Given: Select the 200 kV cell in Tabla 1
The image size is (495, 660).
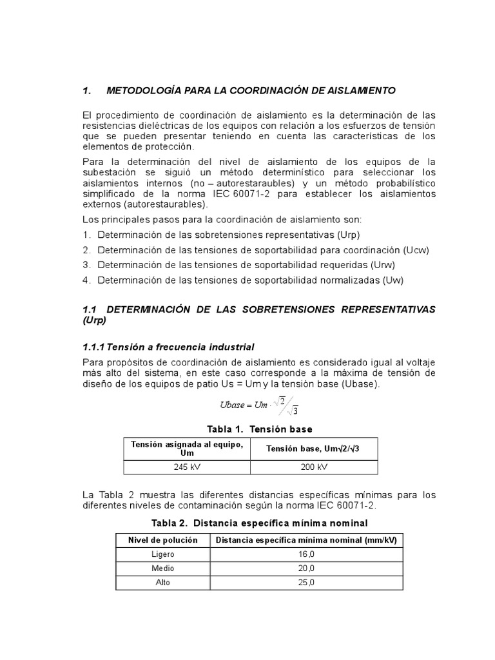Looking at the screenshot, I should (313, 467).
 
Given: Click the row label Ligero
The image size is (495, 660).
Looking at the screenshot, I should (163, 554).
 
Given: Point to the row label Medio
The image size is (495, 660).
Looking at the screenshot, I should (163, 568).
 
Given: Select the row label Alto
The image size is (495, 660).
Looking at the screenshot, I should (163, 583).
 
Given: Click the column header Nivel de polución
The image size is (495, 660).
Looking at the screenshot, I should (163, 539).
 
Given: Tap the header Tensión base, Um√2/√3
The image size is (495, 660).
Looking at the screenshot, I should (313, 449).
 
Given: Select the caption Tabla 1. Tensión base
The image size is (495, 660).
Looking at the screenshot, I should (259, 429).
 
